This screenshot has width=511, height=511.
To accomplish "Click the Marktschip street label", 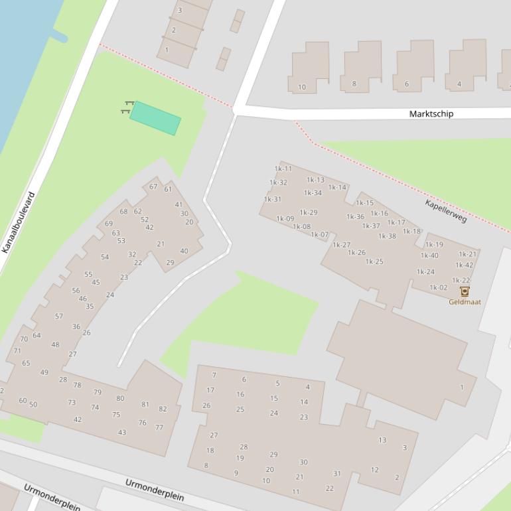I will tap(431, 113).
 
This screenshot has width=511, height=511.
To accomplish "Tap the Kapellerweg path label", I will tap(446, 210).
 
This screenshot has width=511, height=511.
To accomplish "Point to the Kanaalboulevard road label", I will tap(18, 222).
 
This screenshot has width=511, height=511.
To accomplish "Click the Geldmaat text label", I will tap(465, 302).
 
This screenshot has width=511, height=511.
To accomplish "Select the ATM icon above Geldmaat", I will tap(465, 291).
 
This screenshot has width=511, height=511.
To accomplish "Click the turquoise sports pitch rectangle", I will tap(155, 119).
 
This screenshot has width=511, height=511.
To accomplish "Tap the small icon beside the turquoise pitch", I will tap(127, 108).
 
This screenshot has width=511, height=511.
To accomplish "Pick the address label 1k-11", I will tap(283, 169).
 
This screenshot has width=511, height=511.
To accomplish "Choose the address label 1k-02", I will tap(439, 287).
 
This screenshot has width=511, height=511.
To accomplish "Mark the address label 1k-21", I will tap(468, 254).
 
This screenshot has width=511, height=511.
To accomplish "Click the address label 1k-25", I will tap(374, 261).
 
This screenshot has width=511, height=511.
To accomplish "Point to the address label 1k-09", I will tap(285, 218).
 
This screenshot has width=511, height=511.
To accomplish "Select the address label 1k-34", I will tap(313, 193).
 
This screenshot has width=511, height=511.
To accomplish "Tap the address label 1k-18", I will tap(411, 232).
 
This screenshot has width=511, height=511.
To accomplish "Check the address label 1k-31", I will tap(273, 199).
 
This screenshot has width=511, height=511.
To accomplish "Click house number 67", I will tap(154, 186).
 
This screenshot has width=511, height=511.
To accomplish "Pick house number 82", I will tap(163, 409).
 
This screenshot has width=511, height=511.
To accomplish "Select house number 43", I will tap(122, 433).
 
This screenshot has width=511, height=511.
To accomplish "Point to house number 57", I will tap(59, 316).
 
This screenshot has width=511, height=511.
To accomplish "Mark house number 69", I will tap(109, 224).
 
